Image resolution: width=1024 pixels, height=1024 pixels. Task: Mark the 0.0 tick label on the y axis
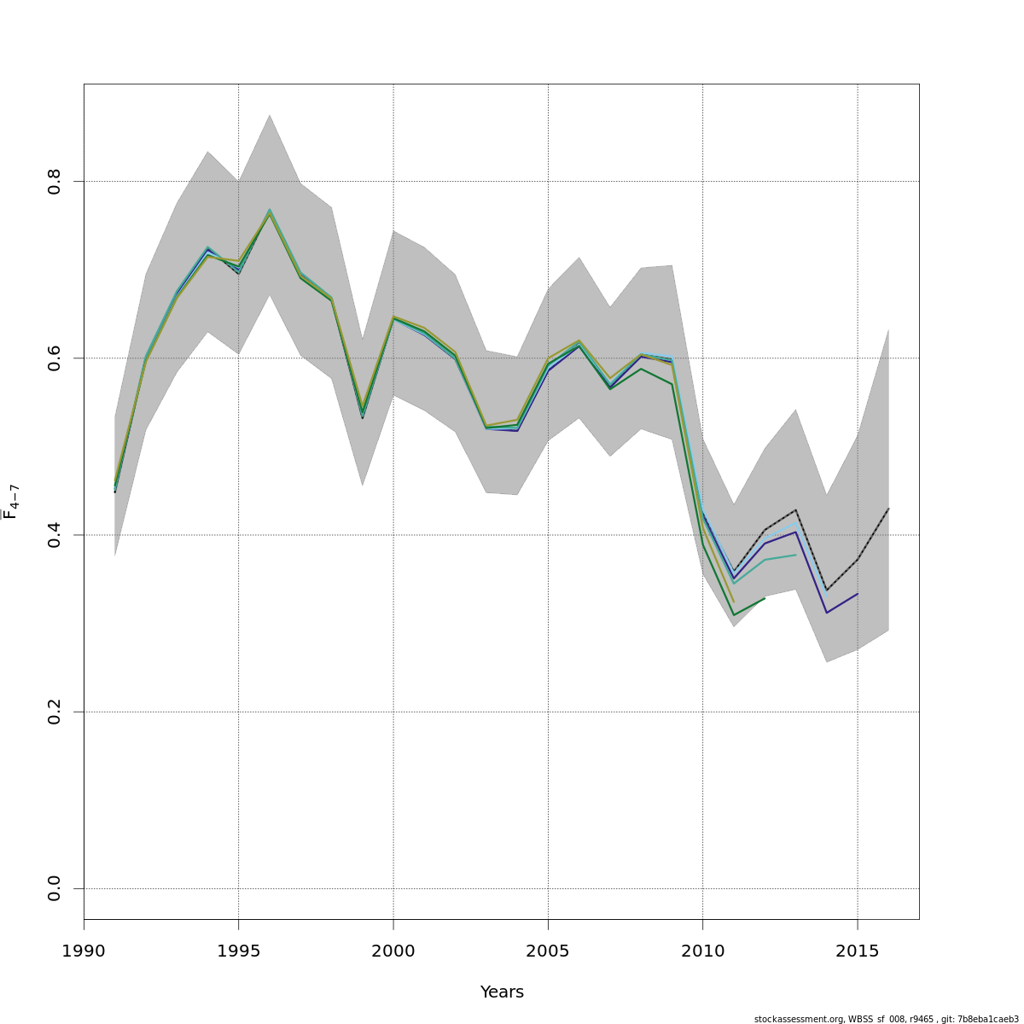pyautogui.click(x=55, y=888)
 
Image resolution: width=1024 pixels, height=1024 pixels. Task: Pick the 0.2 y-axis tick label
pyautogui.click(x=55, y=712)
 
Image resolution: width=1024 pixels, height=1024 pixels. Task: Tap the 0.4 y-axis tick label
pyautogui.click(x=55, y=535)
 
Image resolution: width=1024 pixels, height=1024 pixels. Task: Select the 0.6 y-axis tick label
pyautogui.click(x=55, y=358)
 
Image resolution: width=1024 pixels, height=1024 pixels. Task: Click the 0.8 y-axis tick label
pyautogui.click(x=55, y=182)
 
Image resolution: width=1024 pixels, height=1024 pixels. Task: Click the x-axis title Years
pyautogui.click(x=502, y=992)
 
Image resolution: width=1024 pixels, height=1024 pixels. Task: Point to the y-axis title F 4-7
pyautogui.click(x=11, y=502)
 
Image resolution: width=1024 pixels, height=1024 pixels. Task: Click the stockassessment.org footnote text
pyautogui.click(x=886, y=1019)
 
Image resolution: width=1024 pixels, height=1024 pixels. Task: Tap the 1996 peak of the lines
pyautogui.click(x=270, y=212)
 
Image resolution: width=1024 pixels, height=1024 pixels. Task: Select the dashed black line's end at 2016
pyautogui.click(x=888, y=509)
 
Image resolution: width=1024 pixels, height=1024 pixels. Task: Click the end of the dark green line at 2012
pyautogui.click(x=765, y=598)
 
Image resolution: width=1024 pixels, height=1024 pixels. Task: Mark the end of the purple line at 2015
pyautogui.click(x=858, y=593)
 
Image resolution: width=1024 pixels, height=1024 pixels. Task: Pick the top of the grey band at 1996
pyautogui.click(x=270, y=115)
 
